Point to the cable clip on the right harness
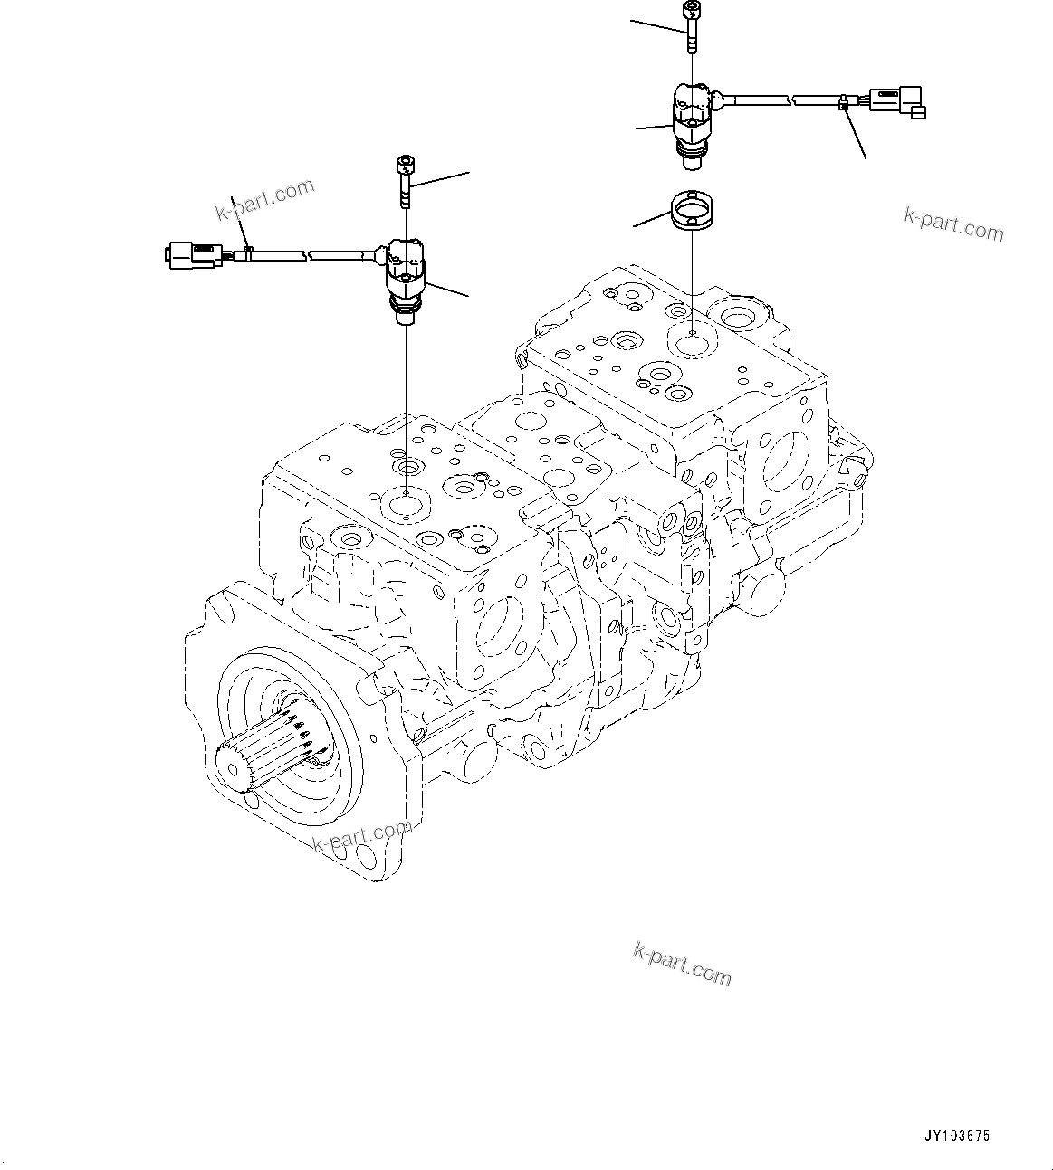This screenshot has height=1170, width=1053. click(x=843, y=102)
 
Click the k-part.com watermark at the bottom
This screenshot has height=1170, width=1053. click(x=682, y=964)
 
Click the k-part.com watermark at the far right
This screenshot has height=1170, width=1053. click(x=953, y=224)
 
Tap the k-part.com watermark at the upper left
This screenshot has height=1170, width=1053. click(x=264, y=199)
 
